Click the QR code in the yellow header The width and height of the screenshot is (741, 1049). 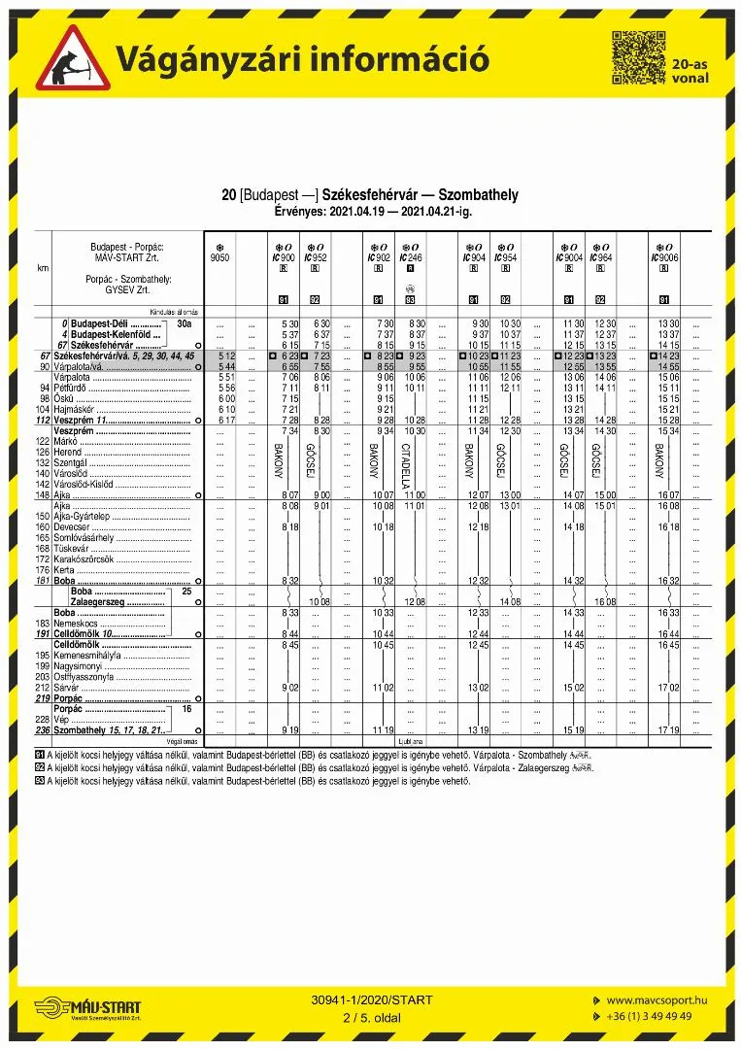(x=639, y=57)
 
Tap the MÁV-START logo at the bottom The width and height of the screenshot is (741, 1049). (x=87, y=1008)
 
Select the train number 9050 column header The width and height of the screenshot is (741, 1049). (x=220, y=257)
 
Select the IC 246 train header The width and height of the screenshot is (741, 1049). (x=411, y=257)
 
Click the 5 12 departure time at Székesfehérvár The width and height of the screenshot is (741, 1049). (x=227, y=356)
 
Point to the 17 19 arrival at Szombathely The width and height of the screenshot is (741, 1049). (x=668, y=729)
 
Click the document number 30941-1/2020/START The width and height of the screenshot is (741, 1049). (x=372, y=999)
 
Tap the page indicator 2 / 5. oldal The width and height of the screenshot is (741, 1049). (x=371, y=1017)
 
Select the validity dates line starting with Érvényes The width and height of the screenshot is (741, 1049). (x=370, y=211)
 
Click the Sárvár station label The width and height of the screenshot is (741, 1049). (x=66, y=688)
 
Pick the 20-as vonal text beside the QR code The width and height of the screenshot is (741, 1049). (x=690, y=70)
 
